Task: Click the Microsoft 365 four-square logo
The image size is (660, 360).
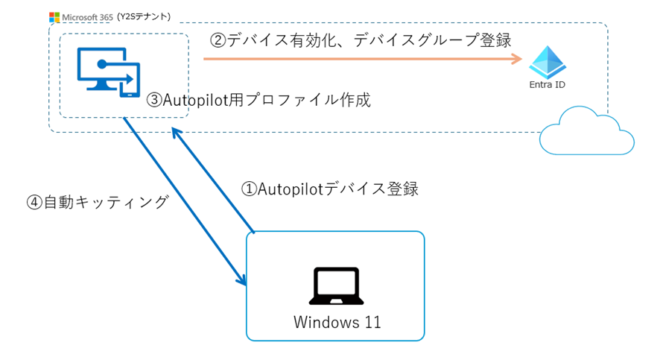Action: click(54, 16)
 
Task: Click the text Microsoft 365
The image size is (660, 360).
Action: click(86, 16)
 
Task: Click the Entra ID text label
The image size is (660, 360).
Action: click(548, 85)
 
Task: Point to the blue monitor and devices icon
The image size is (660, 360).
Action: click(109, 72)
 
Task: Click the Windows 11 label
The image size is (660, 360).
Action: click(337, 322)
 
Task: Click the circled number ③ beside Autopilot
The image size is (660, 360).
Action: click(153, 100)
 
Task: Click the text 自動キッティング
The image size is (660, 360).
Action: click(107, 202)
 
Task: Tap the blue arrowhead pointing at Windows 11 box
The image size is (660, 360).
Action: click(242, 282)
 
